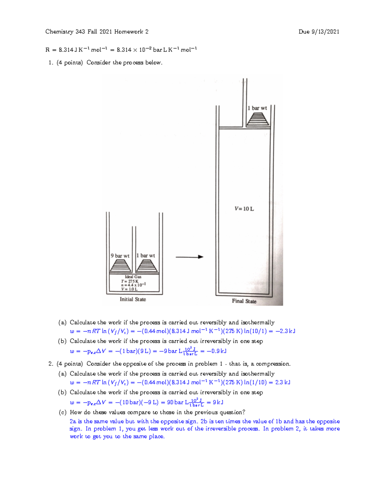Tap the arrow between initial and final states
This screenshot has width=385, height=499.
189,257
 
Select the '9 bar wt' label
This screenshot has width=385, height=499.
120,256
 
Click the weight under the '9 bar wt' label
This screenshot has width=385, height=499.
121,266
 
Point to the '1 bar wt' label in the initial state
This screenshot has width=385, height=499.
146,255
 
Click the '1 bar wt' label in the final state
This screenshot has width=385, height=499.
257,108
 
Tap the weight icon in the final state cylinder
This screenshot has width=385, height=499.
258,119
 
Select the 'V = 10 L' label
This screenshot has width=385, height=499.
244,209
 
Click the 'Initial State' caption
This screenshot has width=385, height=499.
133,299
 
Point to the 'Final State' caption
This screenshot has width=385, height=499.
244,301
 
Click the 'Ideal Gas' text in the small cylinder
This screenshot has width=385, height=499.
133,277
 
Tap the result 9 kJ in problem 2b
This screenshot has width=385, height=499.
218,402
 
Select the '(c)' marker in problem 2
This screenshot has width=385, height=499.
62,412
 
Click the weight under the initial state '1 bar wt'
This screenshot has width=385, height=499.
147,266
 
